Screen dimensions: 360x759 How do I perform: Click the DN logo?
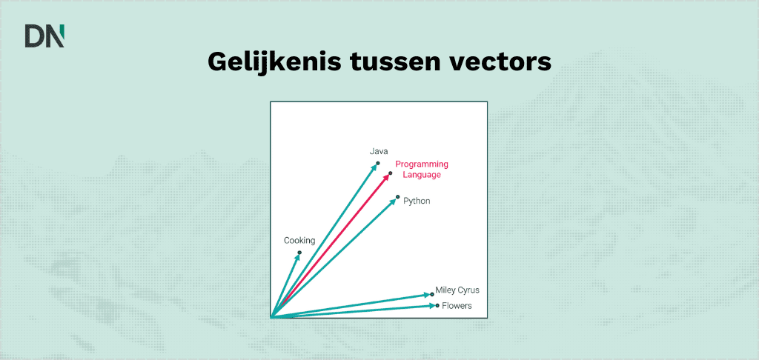coord(44,36)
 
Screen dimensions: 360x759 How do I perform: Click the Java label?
coord(379,152)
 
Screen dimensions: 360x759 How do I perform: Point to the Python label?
coord(417,201)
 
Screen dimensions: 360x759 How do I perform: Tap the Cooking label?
coord(299,240)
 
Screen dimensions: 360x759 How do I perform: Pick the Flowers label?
coord(457,305)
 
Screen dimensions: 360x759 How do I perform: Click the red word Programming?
coord(422,164)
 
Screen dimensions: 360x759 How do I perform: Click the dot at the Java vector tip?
coord(378,163)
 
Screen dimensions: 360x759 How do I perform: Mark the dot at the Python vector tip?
coord(398,196)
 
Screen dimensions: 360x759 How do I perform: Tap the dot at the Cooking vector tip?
coord(299,253)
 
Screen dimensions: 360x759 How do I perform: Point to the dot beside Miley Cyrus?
coord(432,294)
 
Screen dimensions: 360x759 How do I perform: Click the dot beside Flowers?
coord(437,305)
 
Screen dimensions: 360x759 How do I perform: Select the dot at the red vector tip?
coord(390,174)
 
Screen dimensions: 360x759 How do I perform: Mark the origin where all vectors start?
coord(272,317)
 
